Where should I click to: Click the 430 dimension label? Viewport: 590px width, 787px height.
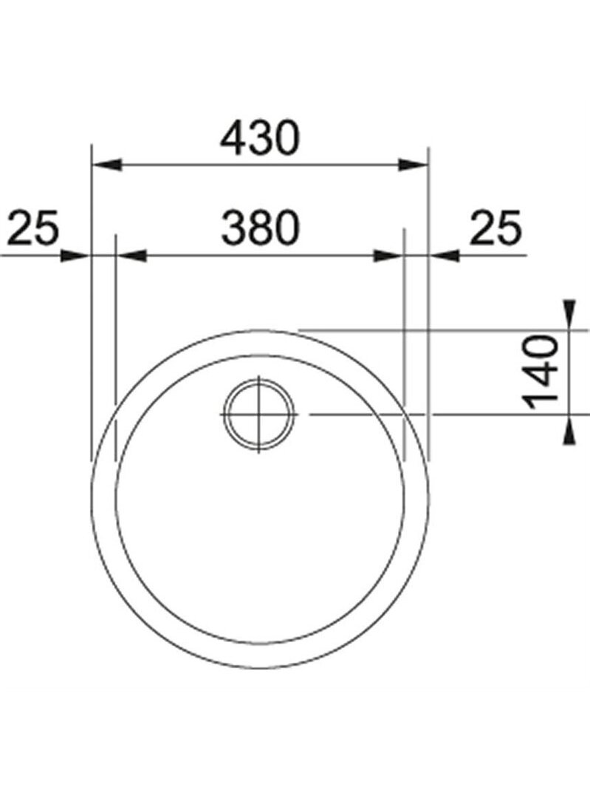260,137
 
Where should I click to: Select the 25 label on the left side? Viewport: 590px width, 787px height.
34,228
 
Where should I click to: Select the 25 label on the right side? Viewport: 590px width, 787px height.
495,228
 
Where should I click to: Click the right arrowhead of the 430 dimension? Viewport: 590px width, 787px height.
412,165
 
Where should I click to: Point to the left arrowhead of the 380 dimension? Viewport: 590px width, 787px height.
131,256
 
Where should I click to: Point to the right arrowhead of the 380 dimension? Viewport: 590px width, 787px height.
388,256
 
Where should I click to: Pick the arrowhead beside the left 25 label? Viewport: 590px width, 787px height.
75,256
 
